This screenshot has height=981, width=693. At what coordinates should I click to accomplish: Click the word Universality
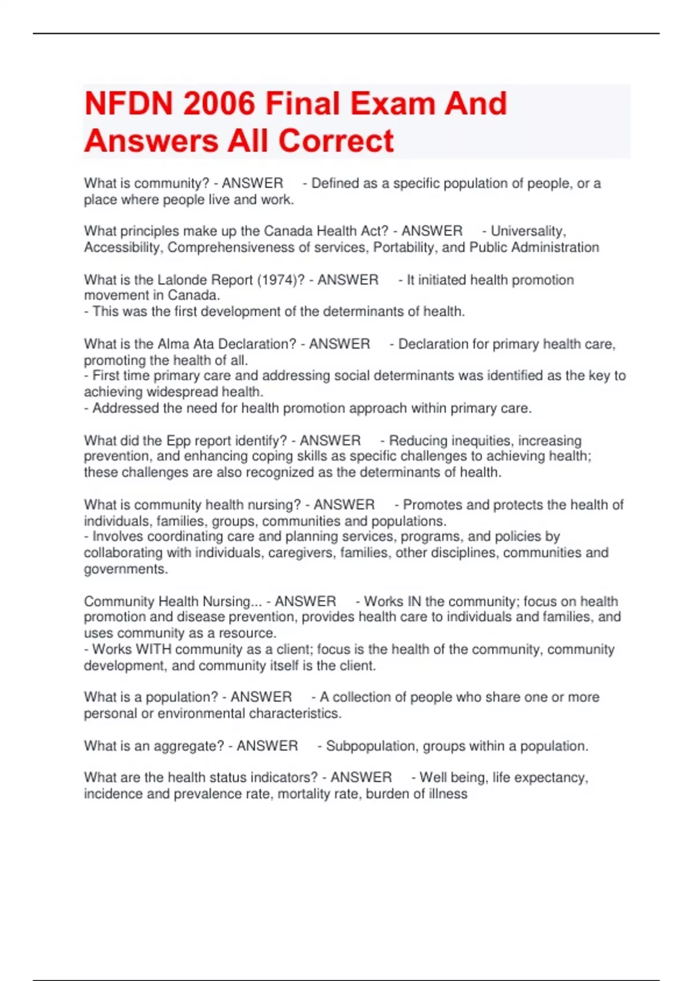click(x=527, y=231)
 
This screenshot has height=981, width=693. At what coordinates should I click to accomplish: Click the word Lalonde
click(x=181, y=280)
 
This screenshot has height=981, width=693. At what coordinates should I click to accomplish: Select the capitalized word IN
click(x=414, y=601)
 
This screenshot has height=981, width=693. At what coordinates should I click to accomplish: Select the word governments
click(x=125, y=569)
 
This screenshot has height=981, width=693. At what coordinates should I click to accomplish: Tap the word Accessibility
click(x=122, y=248)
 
